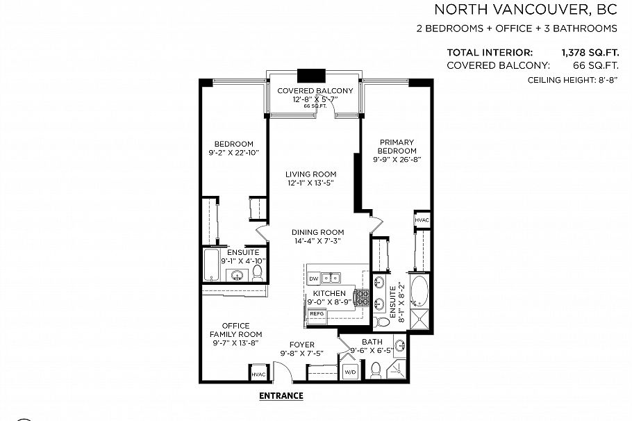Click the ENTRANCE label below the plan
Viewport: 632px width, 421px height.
point(281,396)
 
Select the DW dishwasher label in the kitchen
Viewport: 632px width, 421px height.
point(313,278)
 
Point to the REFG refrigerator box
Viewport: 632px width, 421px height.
point(317,314)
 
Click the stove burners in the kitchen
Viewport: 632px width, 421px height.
point(362,298)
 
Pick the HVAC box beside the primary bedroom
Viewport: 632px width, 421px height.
point(422,220)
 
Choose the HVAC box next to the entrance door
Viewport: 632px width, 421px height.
point(258,373)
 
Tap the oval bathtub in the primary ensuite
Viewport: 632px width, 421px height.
point(420,292)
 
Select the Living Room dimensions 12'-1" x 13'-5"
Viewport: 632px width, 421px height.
point(311,183)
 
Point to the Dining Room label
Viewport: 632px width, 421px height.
point(317,232)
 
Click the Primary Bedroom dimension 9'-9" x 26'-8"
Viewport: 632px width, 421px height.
point(397,160)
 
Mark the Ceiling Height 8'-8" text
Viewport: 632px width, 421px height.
point(573,81)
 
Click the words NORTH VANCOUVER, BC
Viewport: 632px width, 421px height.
point(526,10)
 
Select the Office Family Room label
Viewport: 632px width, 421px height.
point(235,330)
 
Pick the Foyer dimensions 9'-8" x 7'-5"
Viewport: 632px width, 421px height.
point(301,353)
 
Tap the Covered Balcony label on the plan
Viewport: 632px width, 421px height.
point(315,91)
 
